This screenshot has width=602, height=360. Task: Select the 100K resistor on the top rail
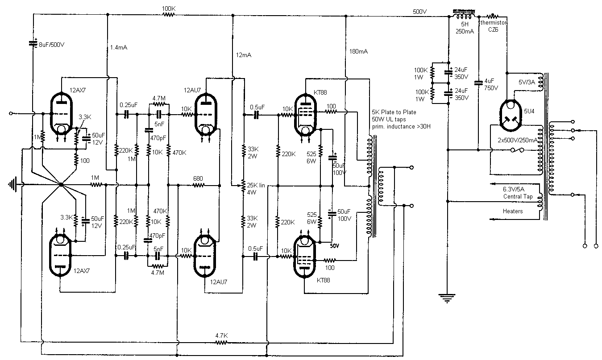pos(169,14)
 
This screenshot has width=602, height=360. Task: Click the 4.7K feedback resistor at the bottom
pos(222,343)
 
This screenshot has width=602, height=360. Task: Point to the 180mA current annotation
pos(359,52)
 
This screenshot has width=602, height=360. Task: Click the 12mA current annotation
pos(244,55)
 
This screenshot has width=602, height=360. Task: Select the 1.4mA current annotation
pos(119,47)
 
